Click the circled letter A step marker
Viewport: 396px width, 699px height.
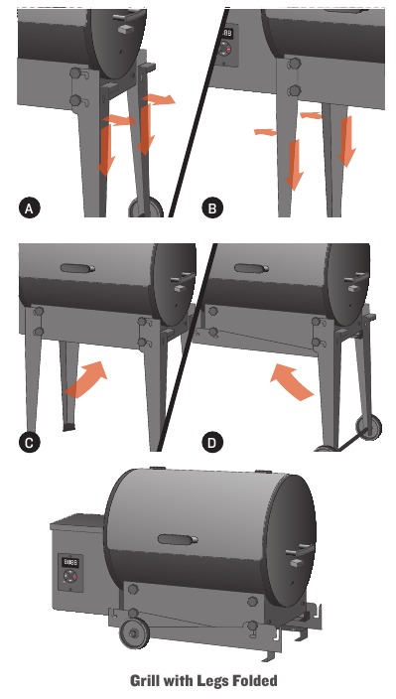pos(30,208)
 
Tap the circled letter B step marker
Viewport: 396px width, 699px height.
pos(211,208)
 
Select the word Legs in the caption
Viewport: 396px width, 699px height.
pos(218,682)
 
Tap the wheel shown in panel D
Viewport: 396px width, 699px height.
pos(371,429)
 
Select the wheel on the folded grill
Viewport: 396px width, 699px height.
pos(130,634)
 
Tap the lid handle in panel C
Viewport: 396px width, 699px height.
pos(76,268)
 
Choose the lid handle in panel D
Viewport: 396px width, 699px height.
pos(251,267)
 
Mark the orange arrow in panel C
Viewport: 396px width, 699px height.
pos(86,380)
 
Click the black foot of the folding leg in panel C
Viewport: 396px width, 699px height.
pos(68,427)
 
